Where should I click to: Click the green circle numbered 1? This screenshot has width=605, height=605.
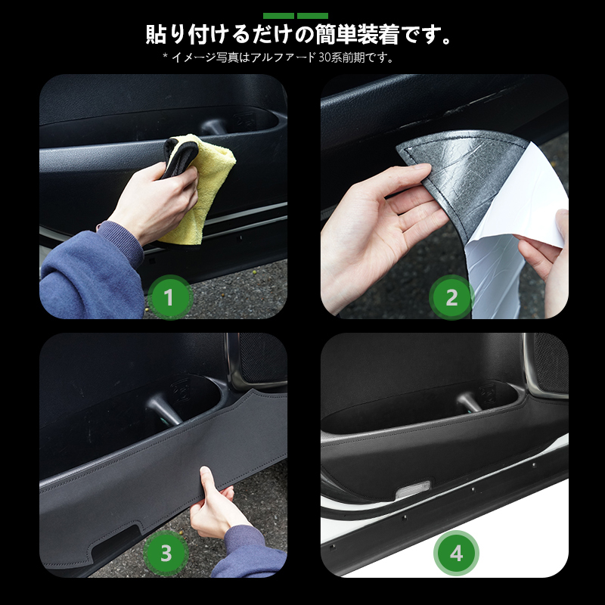click(x=169, y=297)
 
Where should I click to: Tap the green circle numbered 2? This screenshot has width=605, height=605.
click(x=451, y=297)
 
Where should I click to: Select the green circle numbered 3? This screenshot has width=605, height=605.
click(x=166, y=553)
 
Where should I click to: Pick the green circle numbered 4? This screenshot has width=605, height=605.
click(x=456, y=554)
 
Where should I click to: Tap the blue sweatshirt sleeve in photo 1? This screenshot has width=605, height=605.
click(x=92, y=270)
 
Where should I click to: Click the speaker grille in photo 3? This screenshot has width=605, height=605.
click(x=263, y=358)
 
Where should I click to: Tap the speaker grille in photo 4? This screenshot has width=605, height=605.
click(x=553, y=363)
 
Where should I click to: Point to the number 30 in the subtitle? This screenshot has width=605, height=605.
click(x=324, y=58)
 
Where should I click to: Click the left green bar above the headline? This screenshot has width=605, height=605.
click(x=278, y=16)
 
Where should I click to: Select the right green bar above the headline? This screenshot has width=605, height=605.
click(x=312, y=16)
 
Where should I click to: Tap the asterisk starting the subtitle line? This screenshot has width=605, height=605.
click(x=165, y=56)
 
